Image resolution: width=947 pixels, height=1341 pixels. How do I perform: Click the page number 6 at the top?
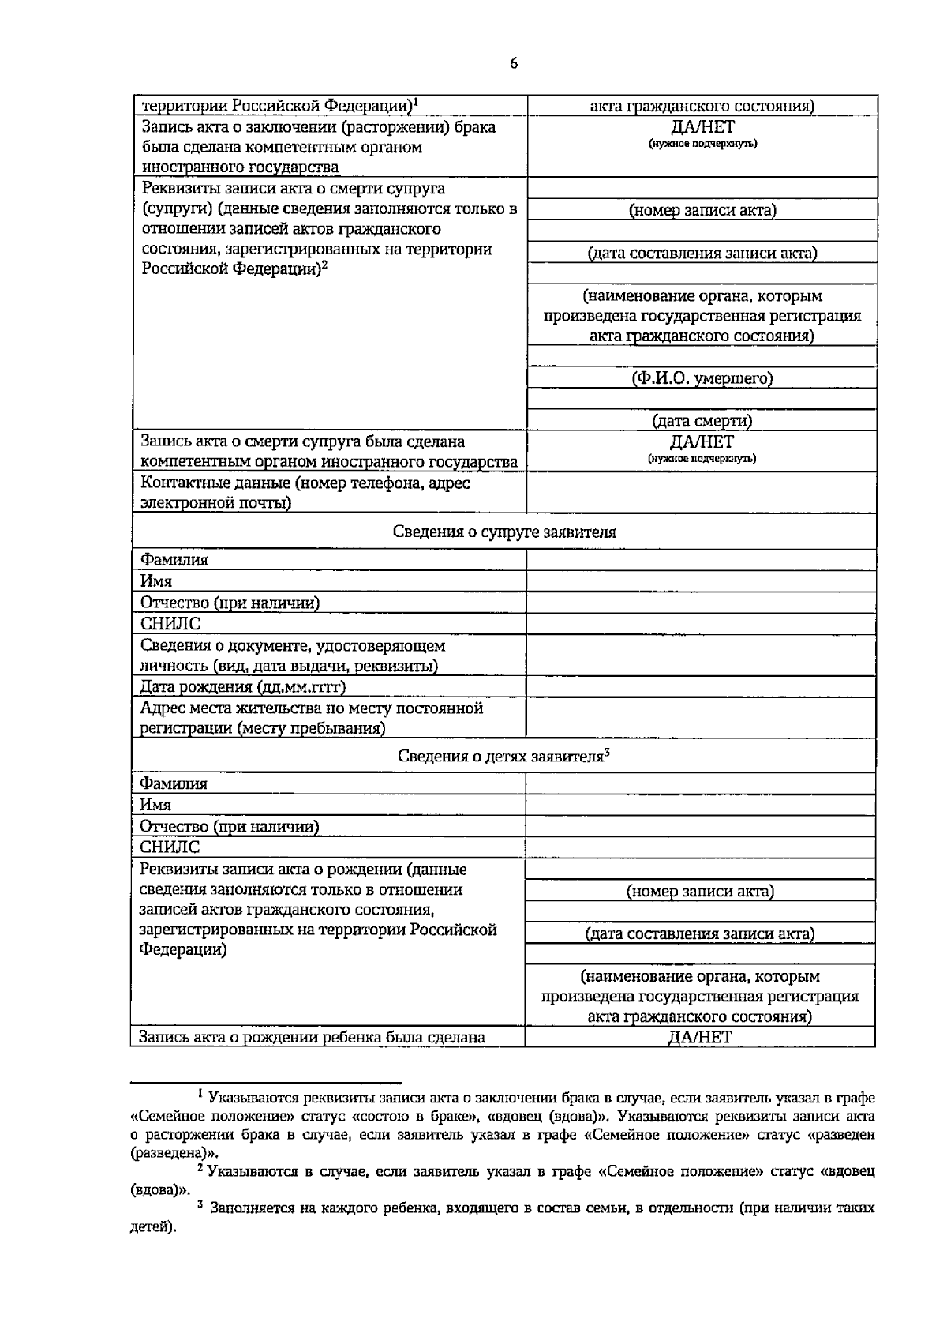514,65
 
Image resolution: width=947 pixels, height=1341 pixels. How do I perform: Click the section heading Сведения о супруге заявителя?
504,532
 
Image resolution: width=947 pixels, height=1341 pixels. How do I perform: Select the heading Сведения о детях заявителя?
500,756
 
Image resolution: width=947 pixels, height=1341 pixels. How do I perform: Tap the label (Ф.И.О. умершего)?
702,378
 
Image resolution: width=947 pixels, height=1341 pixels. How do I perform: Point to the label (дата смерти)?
702,421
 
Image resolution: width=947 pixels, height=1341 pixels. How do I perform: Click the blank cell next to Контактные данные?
702,493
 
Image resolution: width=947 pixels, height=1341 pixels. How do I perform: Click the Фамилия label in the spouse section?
174,560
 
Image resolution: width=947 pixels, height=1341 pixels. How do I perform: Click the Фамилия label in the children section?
174,783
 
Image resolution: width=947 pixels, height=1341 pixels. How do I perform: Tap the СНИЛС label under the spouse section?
170,624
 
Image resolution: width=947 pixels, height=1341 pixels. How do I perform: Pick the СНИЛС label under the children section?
170,847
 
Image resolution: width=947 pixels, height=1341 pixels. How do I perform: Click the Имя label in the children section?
155,805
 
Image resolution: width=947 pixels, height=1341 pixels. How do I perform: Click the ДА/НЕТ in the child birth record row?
700,1037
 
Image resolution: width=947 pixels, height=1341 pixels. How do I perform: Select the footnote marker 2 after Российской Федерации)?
324,265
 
